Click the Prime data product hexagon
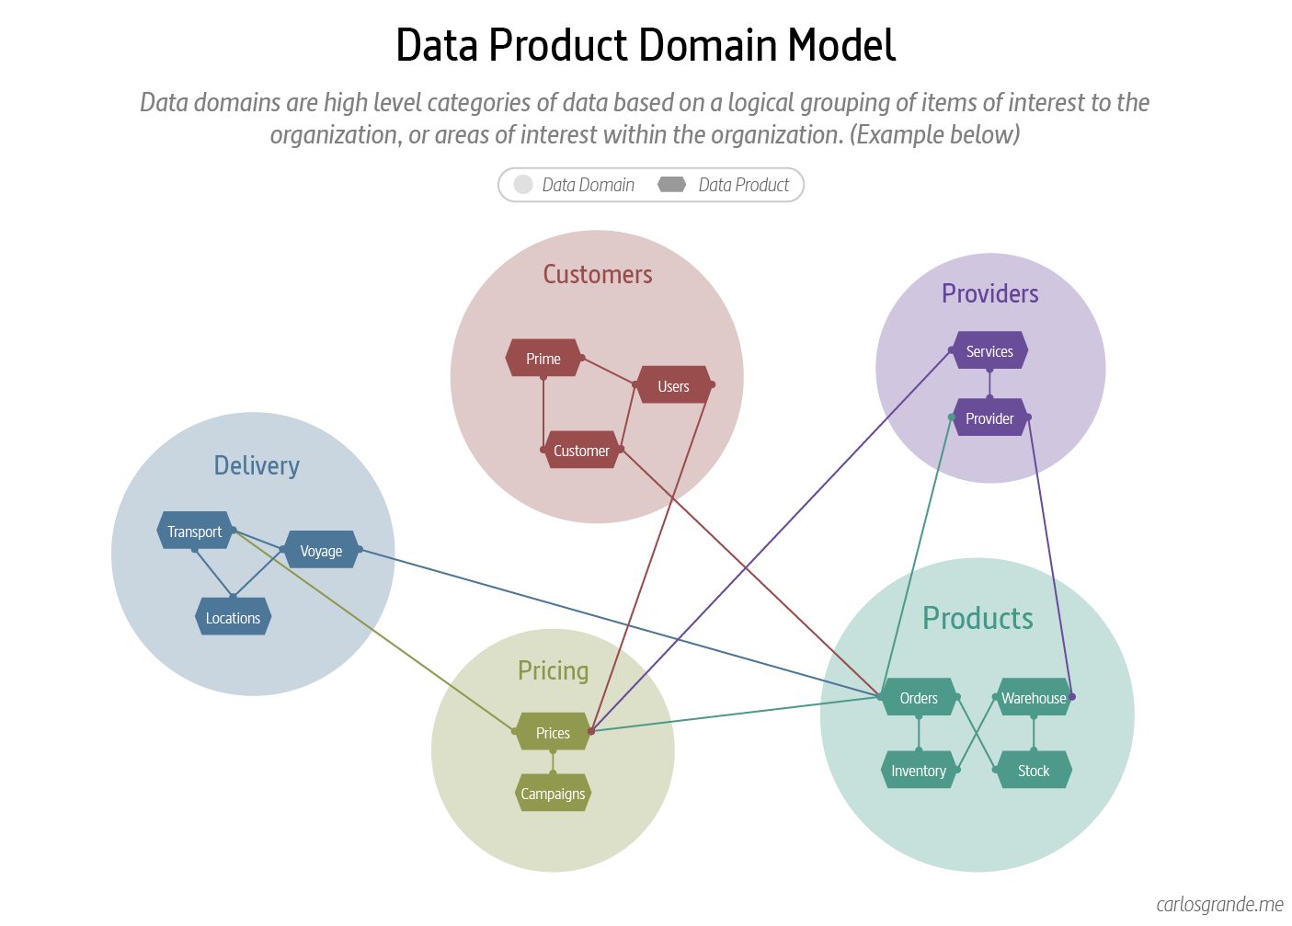coord(543,359)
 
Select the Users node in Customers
coord(673,386)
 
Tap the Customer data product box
coord(581,451)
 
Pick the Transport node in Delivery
coord(194,532)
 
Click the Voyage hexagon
coord(321,551)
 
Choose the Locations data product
coord(233,618)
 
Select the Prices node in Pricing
coord(553,733)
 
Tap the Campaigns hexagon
coord(553,794)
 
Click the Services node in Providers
coord(989,351)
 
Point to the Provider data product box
coord(989,418)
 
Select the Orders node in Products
coord(919,698)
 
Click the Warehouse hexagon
coord(1034,698)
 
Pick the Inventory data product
coord(919,771)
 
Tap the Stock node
coord(1034,771)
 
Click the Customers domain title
coord(598,274)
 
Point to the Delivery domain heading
coord(257,465)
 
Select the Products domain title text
coord(978,618)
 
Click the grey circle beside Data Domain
coord(523,185)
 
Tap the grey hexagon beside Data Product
coord(672,185)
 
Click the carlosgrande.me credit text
coord(1219,905)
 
